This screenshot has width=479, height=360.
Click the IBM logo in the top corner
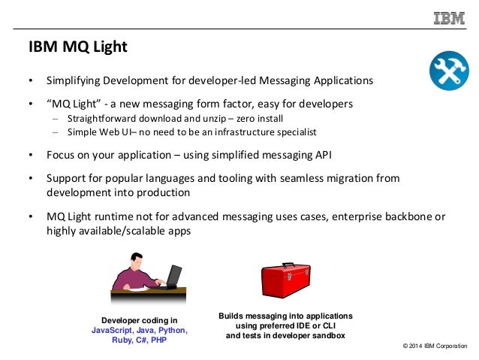coord(448,17)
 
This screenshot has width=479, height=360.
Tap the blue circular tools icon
coord(448,72)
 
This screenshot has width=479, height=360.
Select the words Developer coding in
coord(140,320)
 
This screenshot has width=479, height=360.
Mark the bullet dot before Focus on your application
coord(31,156)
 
